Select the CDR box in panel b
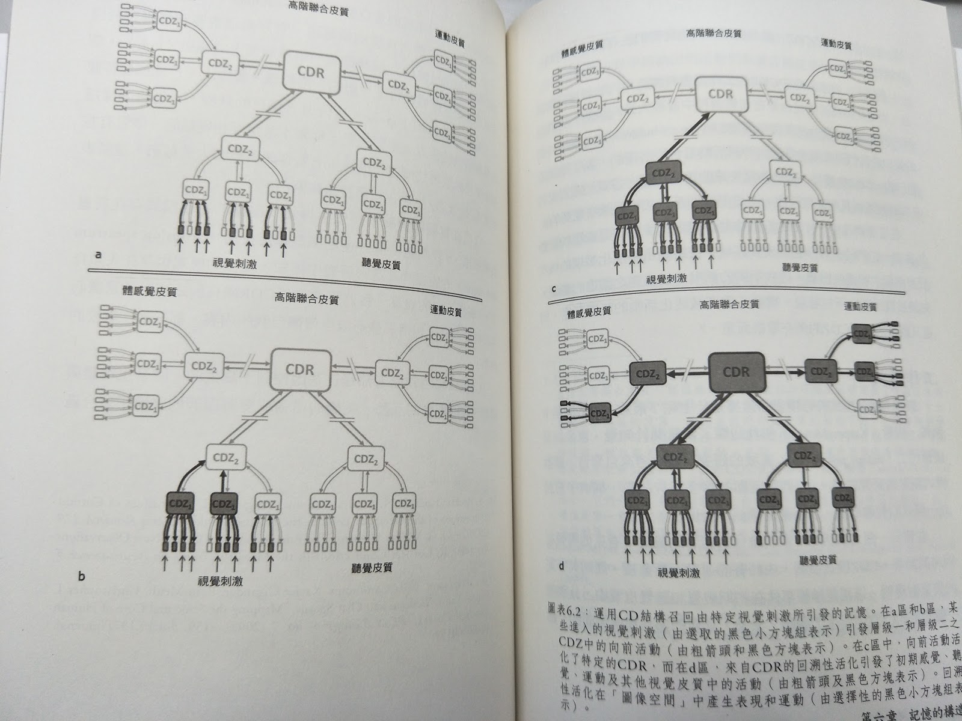pos(299,370)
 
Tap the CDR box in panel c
pos(720,94)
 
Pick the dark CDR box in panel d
pos(737,372)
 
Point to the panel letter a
pos(98,255)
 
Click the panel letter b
pos(82,578)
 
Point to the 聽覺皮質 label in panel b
pos(371,567)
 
